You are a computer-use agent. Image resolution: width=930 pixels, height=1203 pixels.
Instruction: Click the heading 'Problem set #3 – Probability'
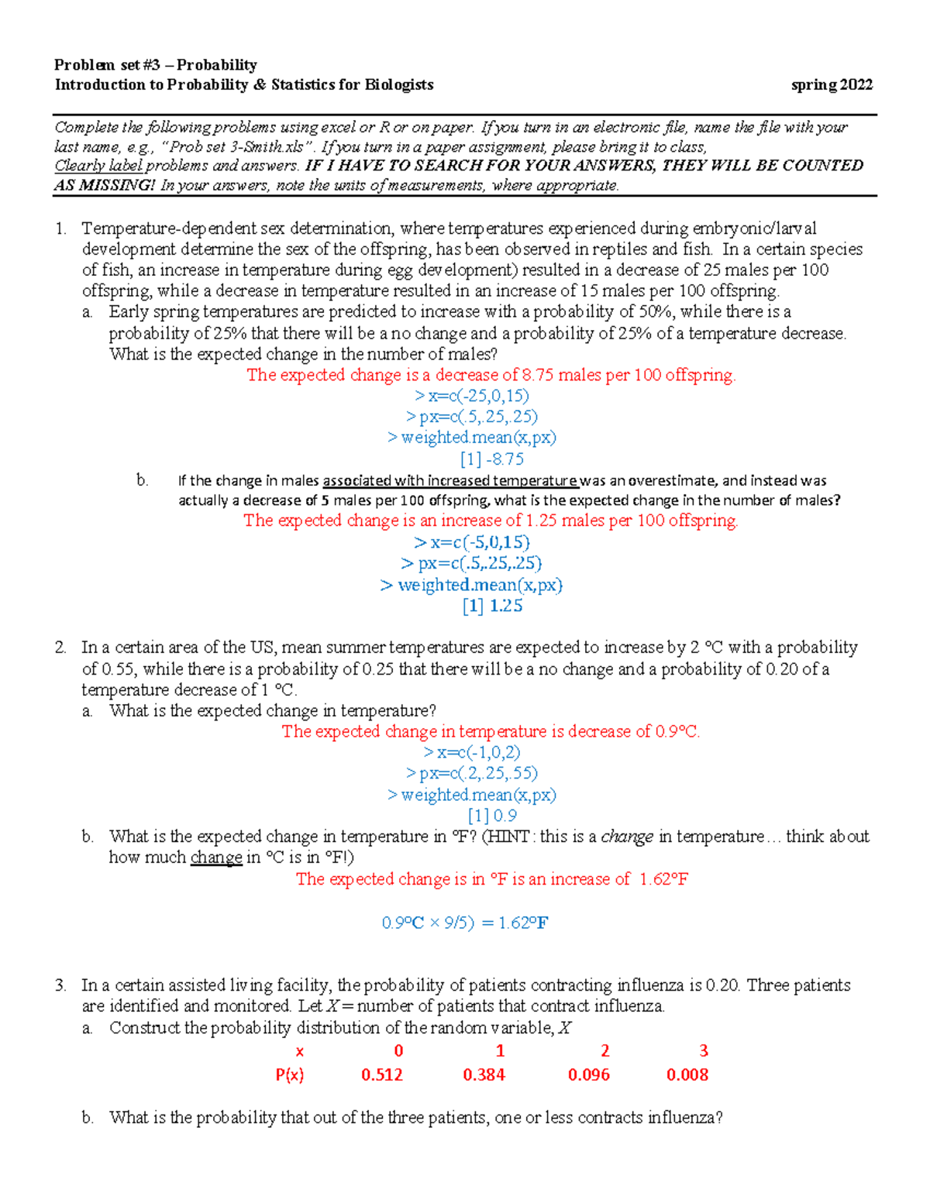(x=155, y=65)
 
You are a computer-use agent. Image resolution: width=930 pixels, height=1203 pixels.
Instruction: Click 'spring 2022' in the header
(x=832, y=85)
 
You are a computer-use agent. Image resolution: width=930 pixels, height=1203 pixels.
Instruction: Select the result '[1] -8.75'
(x=491, y=459)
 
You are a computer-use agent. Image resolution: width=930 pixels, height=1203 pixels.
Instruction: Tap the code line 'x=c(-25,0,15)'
(x=472, y=396)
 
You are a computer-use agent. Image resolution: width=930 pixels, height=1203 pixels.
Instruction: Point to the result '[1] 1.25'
(x=492, y=607)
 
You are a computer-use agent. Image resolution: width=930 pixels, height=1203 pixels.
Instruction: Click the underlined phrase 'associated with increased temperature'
(x=450, y=481)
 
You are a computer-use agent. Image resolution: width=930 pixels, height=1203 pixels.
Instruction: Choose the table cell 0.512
(x=382, y=1075)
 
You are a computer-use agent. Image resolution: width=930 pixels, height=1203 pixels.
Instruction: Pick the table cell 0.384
(x=484, y=1075)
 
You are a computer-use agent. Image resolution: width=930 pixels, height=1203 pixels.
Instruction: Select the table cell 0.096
(x=588, y=1075)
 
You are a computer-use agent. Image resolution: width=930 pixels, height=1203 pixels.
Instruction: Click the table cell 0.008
(x=687, y=1075)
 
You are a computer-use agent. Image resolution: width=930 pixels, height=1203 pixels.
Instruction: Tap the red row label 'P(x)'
(x=290, y=1075)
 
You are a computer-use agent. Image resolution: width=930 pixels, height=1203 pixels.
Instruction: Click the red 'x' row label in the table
(x=300, y=1052)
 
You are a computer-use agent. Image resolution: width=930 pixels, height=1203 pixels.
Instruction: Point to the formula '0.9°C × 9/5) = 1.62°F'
(x=465, y=923)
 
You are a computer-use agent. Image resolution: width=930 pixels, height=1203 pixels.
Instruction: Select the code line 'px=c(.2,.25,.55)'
(x=472, y=774)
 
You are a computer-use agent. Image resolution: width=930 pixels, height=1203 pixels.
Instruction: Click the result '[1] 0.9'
(x=492, y=816)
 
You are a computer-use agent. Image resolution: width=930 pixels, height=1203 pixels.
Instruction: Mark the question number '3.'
(x=61, y=985)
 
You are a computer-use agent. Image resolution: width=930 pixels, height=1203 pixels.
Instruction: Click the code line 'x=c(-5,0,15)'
(x=472, y=543)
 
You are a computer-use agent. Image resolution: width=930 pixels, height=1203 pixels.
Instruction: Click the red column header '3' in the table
(x=703, y=1051)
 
